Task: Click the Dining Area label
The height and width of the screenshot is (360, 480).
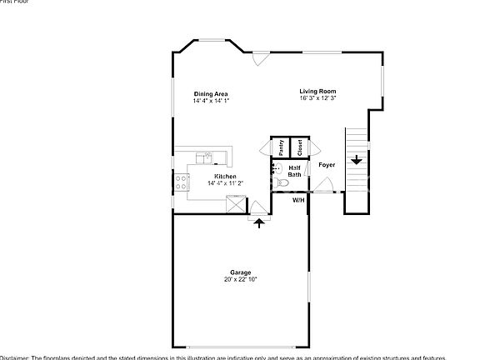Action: click(211, 93)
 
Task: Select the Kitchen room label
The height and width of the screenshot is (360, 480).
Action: click(225, 177)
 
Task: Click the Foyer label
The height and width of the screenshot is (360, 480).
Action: click(327, 165)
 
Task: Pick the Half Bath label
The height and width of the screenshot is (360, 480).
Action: click(295, 172)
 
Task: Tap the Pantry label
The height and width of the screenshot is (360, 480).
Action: click(281, 147)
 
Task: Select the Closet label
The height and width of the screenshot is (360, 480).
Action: click(299, 147)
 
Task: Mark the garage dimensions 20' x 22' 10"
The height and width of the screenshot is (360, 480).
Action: click(241, 280)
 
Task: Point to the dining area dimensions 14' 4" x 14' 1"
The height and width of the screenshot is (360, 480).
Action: click(211, 100)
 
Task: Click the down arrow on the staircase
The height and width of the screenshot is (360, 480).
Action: click(356, 160)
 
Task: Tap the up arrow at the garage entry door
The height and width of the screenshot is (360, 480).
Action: click(259, 222)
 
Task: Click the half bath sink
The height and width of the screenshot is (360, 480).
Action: click(275, 168)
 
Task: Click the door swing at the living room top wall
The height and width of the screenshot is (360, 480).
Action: click(260, 58)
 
